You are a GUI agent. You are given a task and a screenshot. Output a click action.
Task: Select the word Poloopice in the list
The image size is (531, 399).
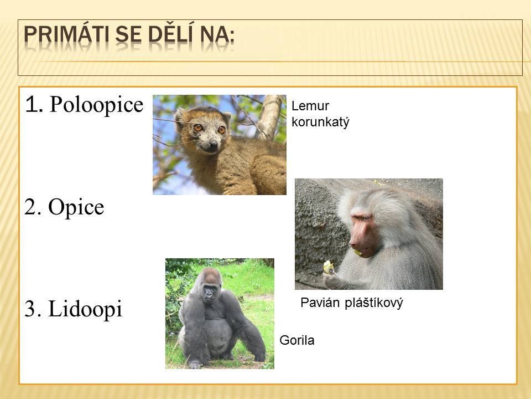point(96,105)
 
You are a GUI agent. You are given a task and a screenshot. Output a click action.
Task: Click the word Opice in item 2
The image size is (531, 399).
point(76,207)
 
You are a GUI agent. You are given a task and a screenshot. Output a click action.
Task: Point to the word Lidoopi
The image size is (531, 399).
point(85,309)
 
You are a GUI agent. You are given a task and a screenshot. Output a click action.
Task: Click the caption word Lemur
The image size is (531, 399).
point(310,106)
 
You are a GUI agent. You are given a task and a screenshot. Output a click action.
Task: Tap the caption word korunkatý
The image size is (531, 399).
point(320,122)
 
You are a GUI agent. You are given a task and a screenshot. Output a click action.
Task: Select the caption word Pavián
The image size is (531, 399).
point(320,303)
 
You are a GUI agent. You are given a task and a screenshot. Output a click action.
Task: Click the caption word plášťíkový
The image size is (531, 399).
point(374,303)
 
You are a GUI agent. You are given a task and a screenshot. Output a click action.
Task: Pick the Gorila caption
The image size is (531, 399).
point(297,340)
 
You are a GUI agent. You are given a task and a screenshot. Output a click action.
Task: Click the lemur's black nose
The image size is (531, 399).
point(213,146)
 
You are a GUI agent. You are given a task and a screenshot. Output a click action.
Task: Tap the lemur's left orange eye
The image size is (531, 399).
point(198,127)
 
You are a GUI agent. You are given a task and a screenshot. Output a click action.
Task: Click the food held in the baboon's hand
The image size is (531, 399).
point(328,267)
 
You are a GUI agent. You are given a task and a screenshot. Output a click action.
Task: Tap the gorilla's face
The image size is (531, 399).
point(209,292)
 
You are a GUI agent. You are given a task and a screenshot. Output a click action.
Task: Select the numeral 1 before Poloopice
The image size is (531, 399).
point(34,105)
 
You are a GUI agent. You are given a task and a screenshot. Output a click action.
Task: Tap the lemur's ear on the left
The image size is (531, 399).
point(180,116)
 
